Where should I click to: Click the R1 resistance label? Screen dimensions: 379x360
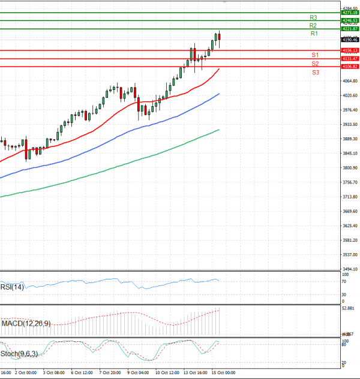[x=314, y=34]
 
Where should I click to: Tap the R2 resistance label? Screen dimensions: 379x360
[x=313, y=26]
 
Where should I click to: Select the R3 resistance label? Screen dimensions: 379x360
[x=313, y=17]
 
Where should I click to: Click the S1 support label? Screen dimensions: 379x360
[x=315, y=55]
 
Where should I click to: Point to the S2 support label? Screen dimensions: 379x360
[x=315, y=64]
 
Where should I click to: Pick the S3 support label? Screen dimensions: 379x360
[x=315, y=72]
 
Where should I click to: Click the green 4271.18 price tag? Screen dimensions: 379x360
[x=349, y=13]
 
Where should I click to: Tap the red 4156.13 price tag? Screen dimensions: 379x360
[x=349, y=50]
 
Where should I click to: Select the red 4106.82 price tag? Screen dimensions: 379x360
[x=349, y=67]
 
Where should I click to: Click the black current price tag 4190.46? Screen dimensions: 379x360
[x=349, y=40]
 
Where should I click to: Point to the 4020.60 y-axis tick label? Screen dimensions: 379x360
[x=349, y=95]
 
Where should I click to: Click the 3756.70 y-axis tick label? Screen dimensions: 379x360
[x=349, y=182]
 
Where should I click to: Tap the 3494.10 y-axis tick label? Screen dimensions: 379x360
[x=349, y=269]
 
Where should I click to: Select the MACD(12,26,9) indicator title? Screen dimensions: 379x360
[x=26, y=324]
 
